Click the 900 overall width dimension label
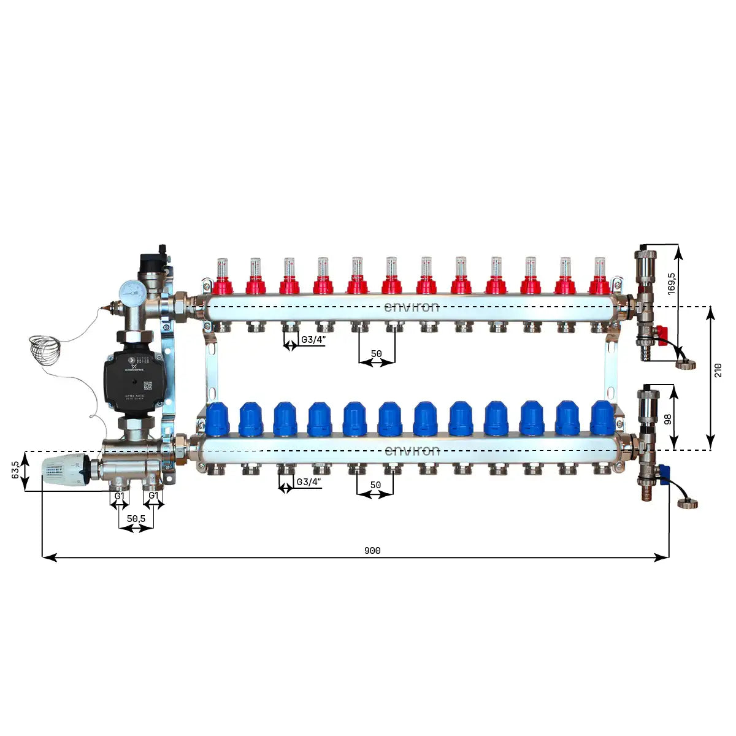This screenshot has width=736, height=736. tap(372, 550)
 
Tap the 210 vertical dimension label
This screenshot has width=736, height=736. tap(718, 370)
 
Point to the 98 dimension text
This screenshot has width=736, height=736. tap(668, 418)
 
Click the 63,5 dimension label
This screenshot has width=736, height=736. tap(15, 470)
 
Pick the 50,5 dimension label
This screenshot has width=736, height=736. tap(136, 518)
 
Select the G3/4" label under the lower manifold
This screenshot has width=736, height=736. tap(309, 482)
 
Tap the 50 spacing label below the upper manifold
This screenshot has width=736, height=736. tap(376, 354)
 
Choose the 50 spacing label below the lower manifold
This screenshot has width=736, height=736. tap(375, 485)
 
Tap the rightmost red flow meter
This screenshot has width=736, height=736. tap(600, 276)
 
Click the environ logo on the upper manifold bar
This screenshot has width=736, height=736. tap(412, 307)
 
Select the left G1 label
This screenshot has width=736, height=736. tap(120, 496)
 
